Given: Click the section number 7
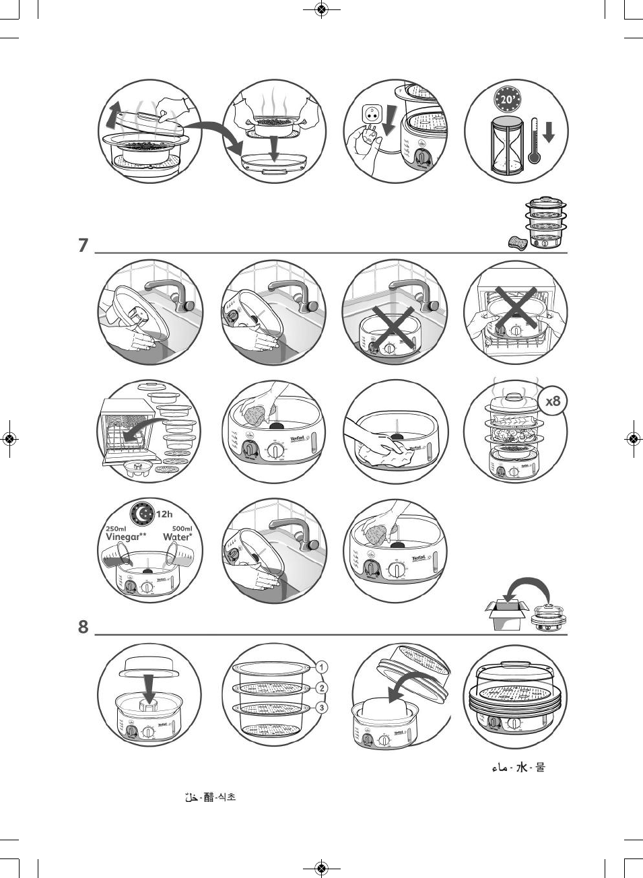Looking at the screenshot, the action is click(x=83, y=244).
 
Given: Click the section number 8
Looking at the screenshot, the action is click(x=83, y=627).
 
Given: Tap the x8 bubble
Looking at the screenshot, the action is click(x=553, y=401).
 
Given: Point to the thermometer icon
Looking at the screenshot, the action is click(x=534, y=141).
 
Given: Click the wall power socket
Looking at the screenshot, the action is click(x=371, y=114).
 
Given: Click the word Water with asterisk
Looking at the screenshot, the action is click(x=178, y=537).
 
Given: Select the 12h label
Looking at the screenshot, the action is click(x=164, y=514).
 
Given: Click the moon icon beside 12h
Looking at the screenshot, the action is click(x=143, y=514).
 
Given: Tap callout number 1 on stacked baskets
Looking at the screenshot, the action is click(x=322, y=667).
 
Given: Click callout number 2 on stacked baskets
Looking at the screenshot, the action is click(x=322, y=687).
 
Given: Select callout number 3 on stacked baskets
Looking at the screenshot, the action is click(x=322, y=708).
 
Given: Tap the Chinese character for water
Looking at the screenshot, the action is click(x=521, y=767).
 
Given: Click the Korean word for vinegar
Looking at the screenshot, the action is click(x=226, y=797).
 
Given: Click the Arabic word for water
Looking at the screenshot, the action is click(x=499, y=768).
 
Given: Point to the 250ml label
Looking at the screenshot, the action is click(x=116, y=529).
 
